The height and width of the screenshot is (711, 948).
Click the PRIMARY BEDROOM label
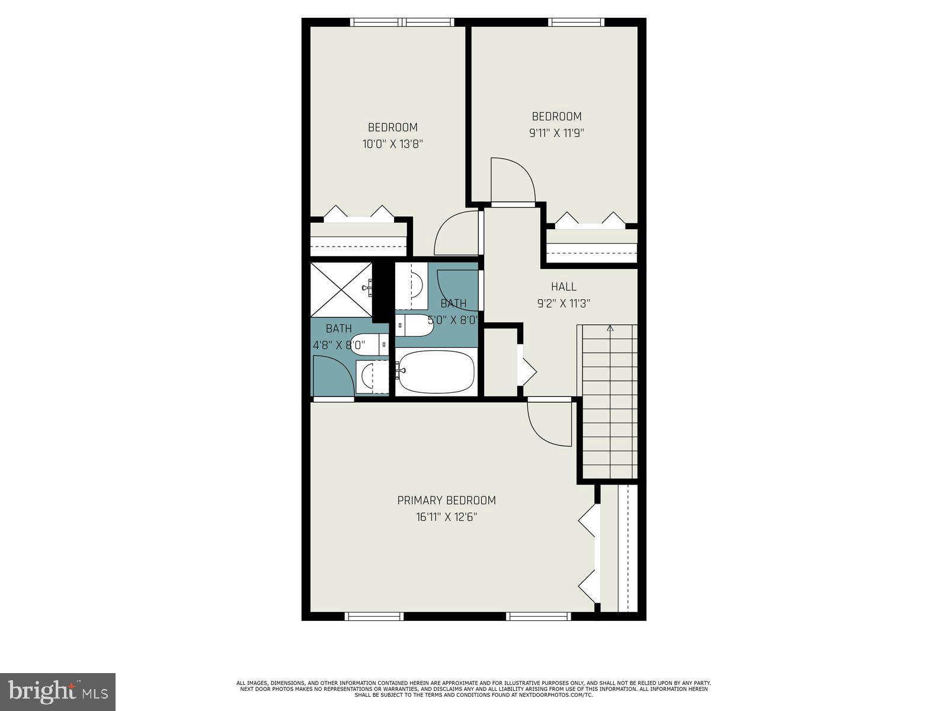click(x=446, y=501)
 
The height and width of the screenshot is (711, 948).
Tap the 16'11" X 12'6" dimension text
click(x=446, y=517)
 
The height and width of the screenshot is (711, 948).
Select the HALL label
click(x=563, y=287)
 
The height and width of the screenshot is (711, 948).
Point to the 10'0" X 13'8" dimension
click(x=392, y=144)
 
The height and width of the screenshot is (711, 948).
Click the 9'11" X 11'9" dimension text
click(x=556, y=133)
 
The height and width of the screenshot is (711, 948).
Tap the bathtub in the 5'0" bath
click(x=436, y=371)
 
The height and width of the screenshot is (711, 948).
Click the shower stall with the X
click(x=341, y=290)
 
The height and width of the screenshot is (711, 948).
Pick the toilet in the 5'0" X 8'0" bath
click(x=415, y=325)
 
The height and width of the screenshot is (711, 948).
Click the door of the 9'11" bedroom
click(x=513, y=180)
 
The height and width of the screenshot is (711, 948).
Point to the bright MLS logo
click(x=57, y=691)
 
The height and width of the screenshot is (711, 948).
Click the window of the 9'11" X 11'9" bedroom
click(x=577, y=23)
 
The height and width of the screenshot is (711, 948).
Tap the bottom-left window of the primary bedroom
click(x=374, y=617)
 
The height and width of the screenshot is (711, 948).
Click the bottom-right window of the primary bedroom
click(x=539, y=617)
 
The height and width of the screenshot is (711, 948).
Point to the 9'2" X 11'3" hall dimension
click(x=563, y=304)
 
